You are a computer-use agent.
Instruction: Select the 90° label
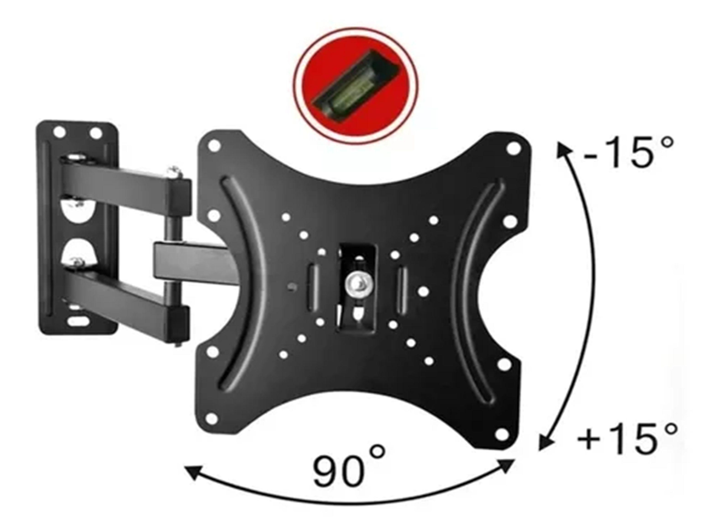coord(348,469)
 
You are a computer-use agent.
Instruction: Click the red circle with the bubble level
coord(355,85)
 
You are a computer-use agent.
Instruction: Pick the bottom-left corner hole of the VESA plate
coord(212,419)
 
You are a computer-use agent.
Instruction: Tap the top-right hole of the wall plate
coord(96,133)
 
